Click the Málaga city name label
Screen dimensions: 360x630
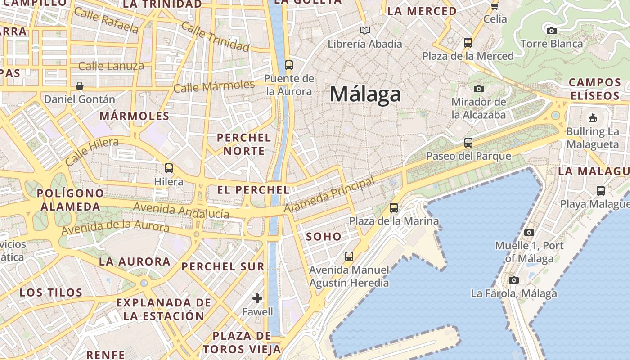point(365,94)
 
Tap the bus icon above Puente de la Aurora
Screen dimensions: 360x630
point(289,65)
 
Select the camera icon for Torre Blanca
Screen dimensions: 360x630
point(551,31)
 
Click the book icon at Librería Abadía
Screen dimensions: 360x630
point(364,31)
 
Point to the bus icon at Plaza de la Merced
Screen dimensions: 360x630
point(468,43)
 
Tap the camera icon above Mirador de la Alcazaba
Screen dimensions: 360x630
point(478,89)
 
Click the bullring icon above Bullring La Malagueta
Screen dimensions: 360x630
point(593,118)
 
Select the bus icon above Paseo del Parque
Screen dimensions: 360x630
point(468,143)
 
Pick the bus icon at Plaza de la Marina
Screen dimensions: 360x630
point(394,207)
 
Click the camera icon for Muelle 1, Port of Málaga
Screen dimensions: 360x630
point(529,232)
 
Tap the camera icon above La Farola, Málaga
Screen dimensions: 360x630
point(513,280)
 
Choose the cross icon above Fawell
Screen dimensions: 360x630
point(257,298)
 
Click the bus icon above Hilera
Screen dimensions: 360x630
point(169,168)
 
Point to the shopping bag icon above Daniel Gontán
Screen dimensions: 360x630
point(80,85)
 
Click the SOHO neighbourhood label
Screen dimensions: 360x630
point(324,237)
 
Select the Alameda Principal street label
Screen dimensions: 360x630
point(329,195)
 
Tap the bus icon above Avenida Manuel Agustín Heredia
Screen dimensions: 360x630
point(349,256)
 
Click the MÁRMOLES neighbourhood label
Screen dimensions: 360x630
point(135,116)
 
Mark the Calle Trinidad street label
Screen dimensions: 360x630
point(215,36)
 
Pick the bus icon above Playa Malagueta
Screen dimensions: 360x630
point(600,190)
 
